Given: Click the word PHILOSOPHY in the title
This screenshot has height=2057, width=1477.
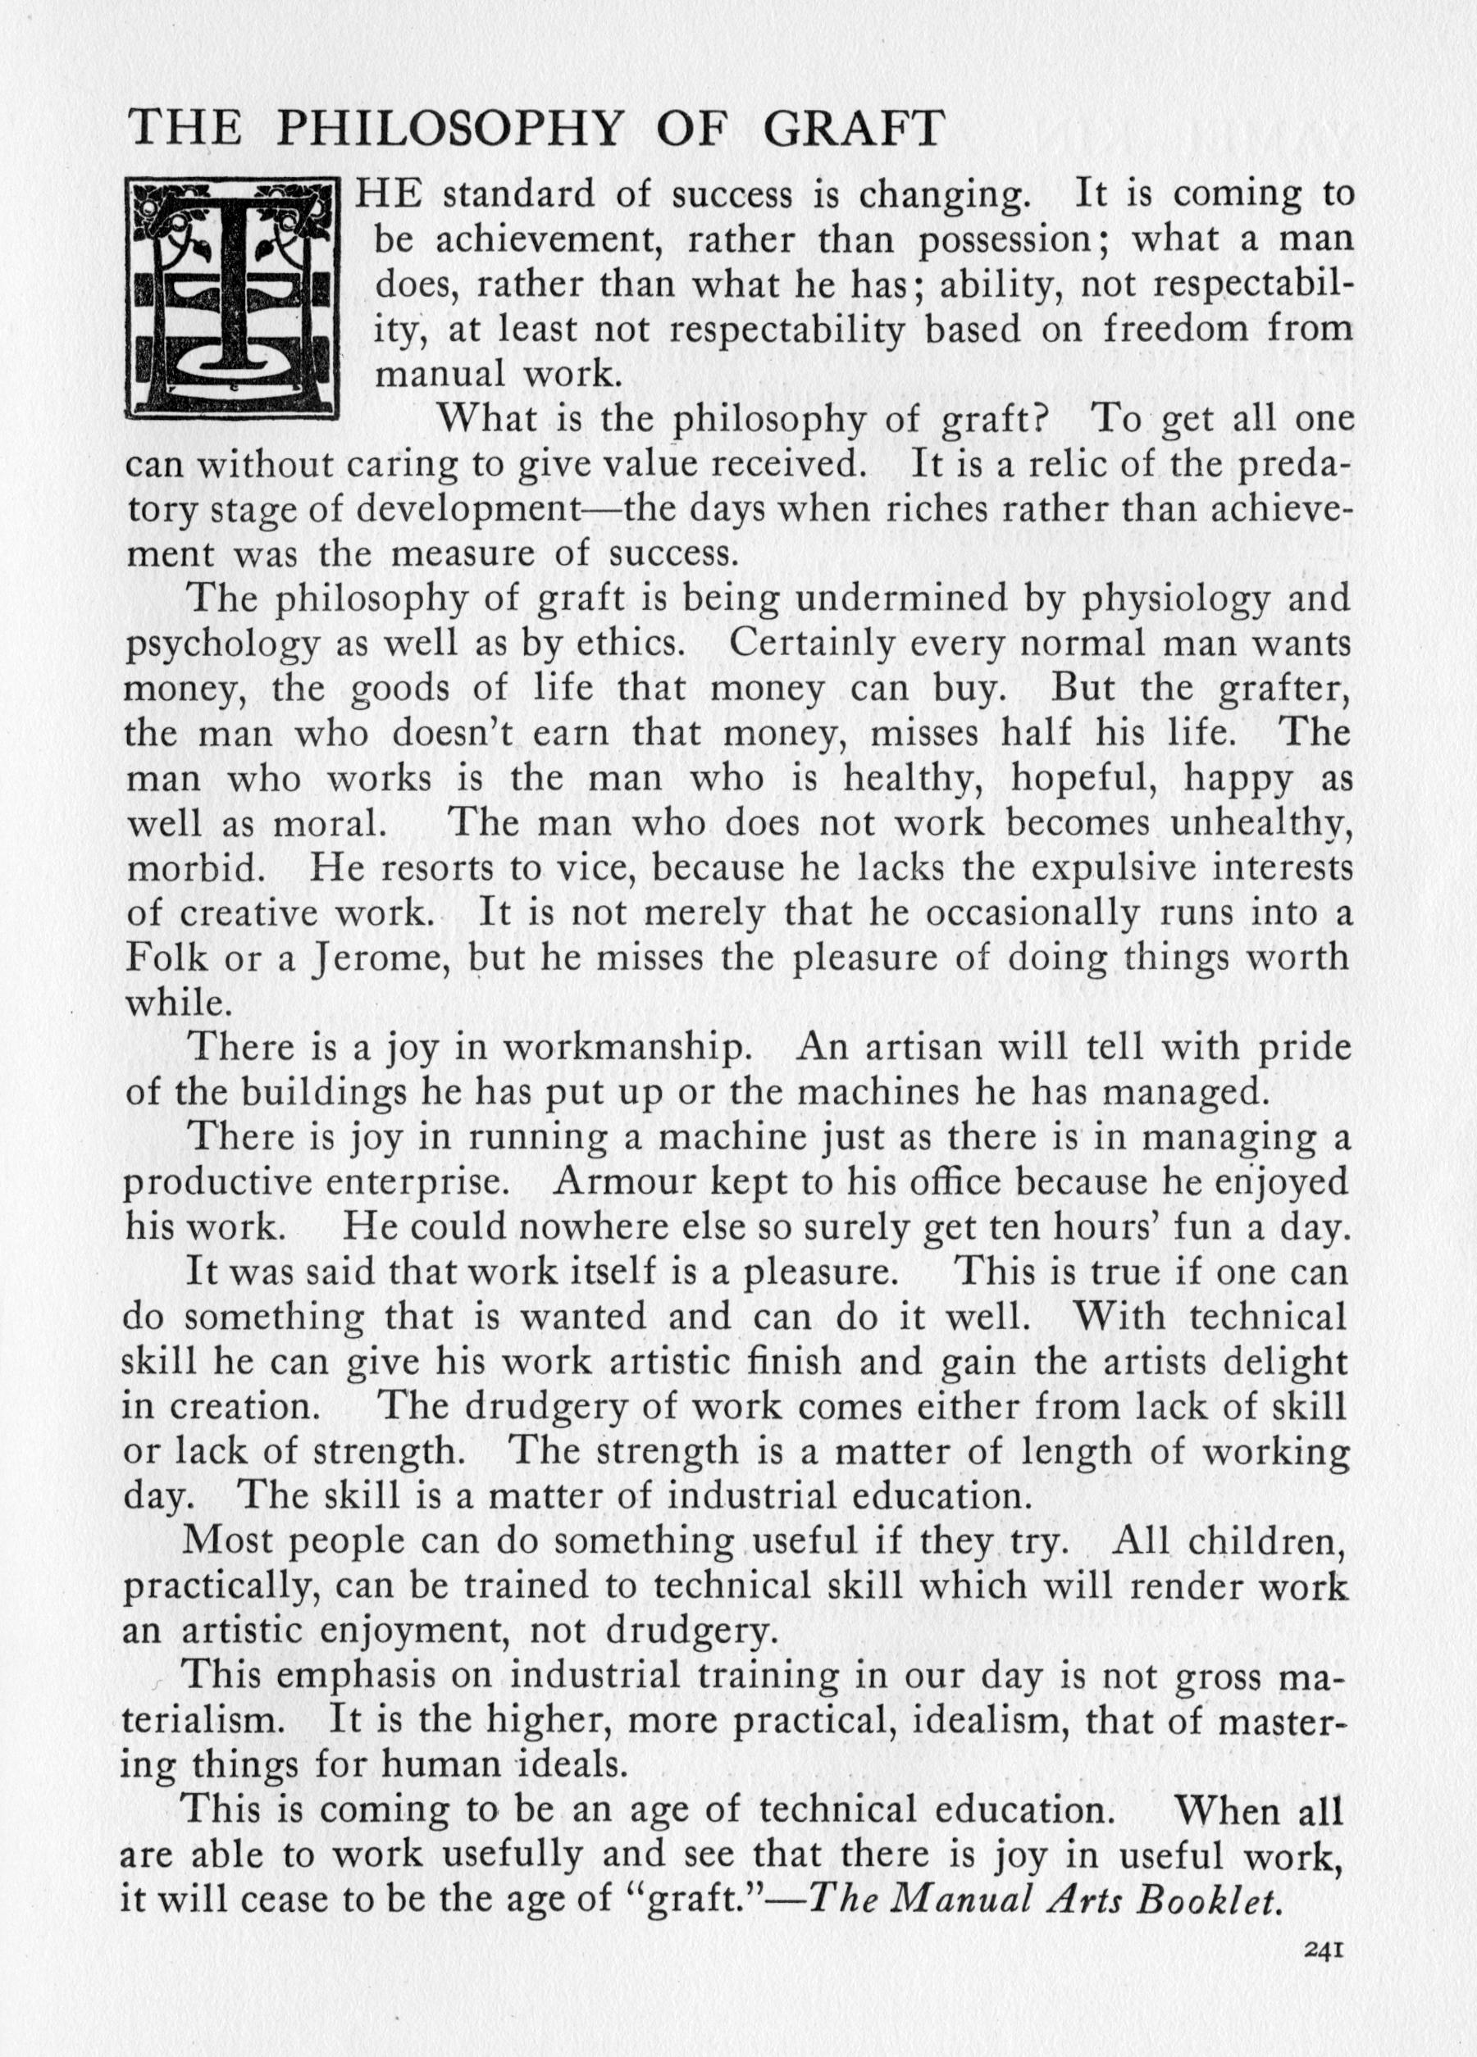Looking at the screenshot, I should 450,129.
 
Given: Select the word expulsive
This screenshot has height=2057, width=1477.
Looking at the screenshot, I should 1102,868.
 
